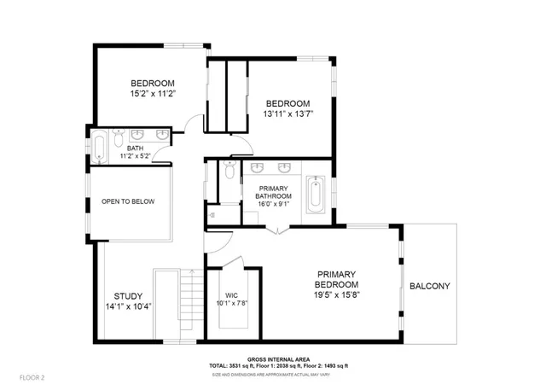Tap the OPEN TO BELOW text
coord(128,201)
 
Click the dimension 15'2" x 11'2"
coord(153,93)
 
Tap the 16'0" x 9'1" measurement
coord(273,204)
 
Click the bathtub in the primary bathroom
coord(317,192)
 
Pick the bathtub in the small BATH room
coord(100,147)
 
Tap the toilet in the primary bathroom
coord(227,171)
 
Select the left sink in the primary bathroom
coord(258,167)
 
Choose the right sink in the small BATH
coord(161,135)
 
